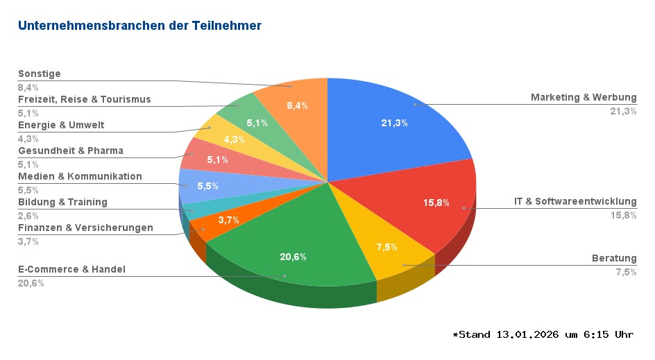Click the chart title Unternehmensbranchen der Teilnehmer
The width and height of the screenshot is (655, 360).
coord(139,26)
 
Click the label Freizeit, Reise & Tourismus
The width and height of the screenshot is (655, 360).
coord(84,99)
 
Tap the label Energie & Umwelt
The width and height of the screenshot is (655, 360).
coord(61,125)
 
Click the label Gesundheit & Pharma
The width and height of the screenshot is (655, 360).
coord(71,151)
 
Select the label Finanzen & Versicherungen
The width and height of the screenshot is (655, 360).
coord(85,228)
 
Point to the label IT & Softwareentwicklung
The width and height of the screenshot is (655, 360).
coord(575,201)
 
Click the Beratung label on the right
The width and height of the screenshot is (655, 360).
coord(614,258)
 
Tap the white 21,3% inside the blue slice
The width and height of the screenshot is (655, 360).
coord(394,123)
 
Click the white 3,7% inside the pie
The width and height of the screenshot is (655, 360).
coord(228,220)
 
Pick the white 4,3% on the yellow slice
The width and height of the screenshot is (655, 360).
coord(234,139)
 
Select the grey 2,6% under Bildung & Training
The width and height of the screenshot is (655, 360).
coord(28,216)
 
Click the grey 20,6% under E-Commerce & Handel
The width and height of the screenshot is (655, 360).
coord(31,283)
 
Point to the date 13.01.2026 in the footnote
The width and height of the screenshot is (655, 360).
coord(527,335)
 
